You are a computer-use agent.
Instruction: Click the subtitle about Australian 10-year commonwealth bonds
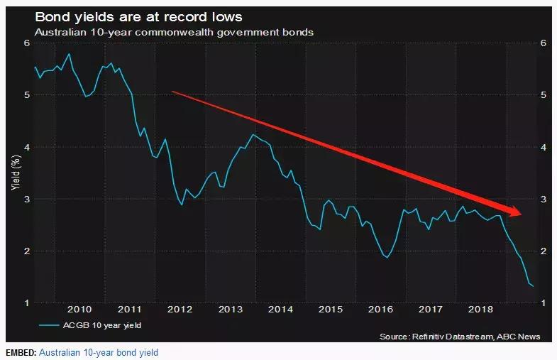175,33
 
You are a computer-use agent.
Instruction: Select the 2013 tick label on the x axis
231,310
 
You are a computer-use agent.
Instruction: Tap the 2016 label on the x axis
382,310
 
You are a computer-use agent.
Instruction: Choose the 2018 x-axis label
482,310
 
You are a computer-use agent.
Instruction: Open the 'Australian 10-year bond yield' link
99,352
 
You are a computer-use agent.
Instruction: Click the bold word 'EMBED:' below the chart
19,352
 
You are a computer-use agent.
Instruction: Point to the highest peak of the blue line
69,54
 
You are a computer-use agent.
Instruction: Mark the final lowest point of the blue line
533,286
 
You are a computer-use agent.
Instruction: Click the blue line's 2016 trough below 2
387,257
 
